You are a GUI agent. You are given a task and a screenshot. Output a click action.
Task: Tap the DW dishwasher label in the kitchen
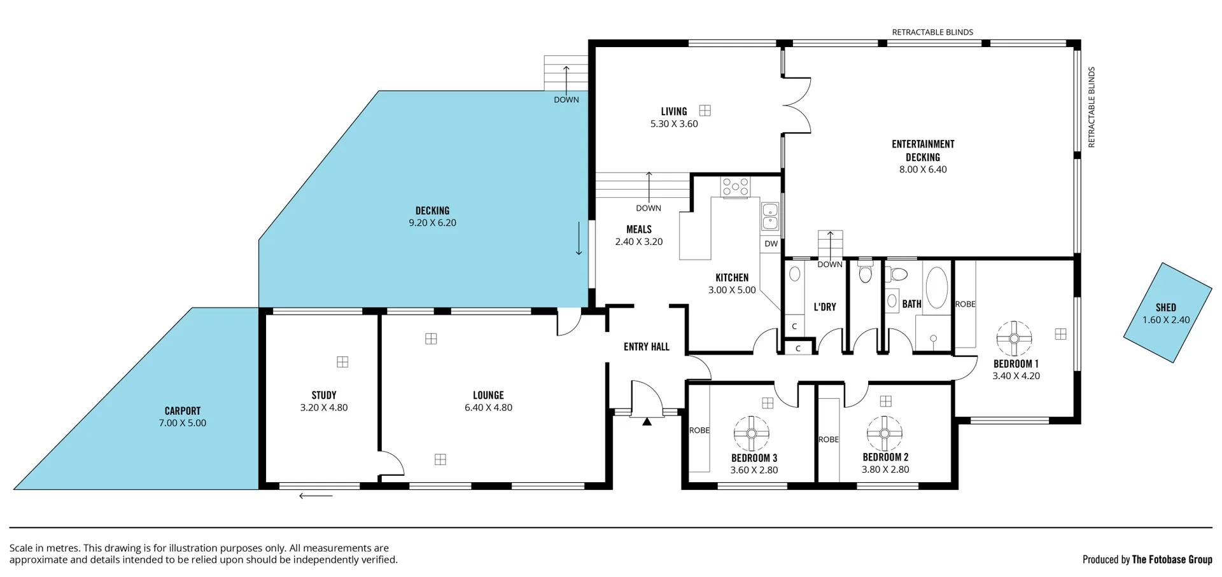[771, 244]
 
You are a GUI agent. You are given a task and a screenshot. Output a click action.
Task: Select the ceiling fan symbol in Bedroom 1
[1013, 338]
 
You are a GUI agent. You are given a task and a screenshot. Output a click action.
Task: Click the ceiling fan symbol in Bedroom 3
[752, 433]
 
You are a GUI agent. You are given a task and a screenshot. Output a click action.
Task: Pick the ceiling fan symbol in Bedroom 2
[884, 433]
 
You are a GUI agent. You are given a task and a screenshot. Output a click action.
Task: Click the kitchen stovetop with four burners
[735, 187]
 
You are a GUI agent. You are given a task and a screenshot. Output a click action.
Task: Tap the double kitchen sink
[770, 216]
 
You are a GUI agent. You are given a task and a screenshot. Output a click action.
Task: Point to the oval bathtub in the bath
[936, 288]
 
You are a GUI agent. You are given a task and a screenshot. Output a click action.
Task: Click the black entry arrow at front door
[647, 421]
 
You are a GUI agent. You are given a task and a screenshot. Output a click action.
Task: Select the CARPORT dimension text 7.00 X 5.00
[183, 423]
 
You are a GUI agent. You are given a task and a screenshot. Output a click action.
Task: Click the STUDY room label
[324, 395]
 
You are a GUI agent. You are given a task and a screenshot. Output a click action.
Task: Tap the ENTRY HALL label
[646, 347]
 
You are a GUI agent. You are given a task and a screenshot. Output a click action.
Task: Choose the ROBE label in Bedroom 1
[965, 304]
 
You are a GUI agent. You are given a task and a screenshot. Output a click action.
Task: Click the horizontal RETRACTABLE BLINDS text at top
[932, 32]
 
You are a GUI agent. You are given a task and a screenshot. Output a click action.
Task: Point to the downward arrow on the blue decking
[579, 239]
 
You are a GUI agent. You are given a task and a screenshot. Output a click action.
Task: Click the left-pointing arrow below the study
[316, 496]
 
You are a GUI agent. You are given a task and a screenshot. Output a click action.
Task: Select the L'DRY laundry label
[825, 307]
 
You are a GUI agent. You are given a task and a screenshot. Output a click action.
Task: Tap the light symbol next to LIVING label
[705, 110]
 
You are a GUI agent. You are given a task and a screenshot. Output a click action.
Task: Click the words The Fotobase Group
[1172, 559]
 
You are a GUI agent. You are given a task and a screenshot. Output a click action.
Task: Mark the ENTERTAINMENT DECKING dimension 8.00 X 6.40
[922, 169]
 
